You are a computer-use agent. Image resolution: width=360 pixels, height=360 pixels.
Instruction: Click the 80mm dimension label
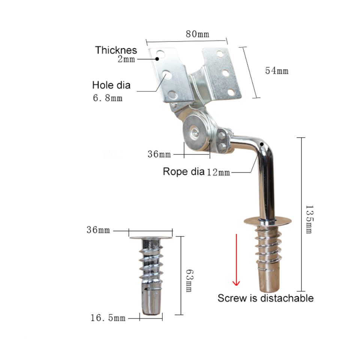(x=198, y=34)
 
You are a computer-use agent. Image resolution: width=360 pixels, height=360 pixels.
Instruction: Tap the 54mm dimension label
(x=277, y=71)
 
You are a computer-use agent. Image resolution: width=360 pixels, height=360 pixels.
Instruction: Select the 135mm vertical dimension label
(x=309, y=219)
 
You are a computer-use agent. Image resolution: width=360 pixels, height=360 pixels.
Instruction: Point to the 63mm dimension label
(x=189, y=281)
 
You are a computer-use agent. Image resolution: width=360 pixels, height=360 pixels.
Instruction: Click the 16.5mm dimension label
(x=108, y=318)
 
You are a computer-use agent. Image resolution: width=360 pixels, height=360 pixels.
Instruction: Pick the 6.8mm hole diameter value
(x=108, y=98)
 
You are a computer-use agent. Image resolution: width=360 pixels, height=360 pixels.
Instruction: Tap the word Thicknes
(x=116, y=50)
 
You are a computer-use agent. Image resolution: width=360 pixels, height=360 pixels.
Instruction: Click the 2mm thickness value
(x=126, y=59)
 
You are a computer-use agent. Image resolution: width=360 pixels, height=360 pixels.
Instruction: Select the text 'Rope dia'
(x=183, y=171)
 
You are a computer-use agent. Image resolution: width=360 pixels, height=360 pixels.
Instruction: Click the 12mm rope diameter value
(x=218, y=172)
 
